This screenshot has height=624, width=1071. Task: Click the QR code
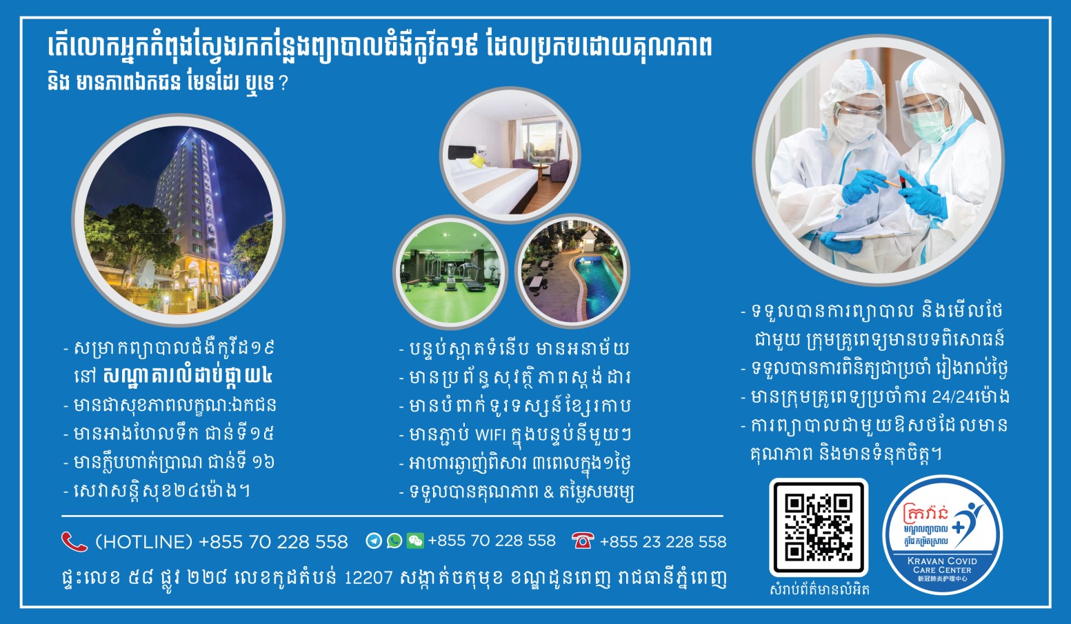click(819, 527)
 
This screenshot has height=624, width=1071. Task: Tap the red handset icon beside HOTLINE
click(74, 542)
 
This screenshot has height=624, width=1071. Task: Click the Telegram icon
click(373, 541)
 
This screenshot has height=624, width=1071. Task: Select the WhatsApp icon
click(394, 541)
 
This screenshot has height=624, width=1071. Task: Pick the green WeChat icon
click(415, 541)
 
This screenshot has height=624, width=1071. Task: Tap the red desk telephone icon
click(583, 541)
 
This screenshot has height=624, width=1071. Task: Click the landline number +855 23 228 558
click(663, 542)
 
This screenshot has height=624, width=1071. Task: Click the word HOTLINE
click(143, 542)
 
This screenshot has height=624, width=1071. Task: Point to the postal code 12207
click(369, 578)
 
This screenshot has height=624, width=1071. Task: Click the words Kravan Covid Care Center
click(943, 565)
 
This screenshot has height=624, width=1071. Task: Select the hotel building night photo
click(179, 220)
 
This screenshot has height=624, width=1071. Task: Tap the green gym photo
click(450, 272)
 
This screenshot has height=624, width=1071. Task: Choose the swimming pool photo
click(572, 272)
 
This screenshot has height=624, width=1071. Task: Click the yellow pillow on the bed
click(478, 160)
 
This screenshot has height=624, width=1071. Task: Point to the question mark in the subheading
click(283, 84)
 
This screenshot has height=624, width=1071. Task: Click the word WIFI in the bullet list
click(490, 434)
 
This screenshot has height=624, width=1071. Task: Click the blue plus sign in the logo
click(959, 527)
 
